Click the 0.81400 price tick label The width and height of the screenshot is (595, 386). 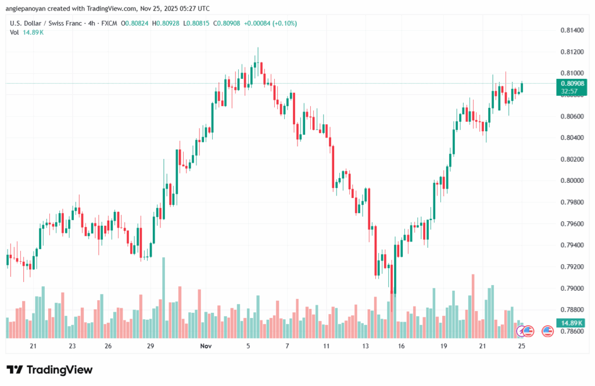[572, 30]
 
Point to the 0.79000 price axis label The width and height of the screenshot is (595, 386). [572, 288]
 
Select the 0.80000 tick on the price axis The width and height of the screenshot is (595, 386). [572, 181]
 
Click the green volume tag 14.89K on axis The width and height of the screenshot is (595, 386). [572, 323]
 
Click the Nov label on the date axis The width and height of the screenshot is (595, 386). [205, 346]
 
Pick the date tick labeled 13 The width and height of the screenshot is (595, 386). [365, 346]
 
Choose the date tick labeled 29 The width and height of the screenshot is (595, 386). [150, 346]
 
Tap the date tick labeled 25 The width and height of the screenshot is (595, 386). [521, 346]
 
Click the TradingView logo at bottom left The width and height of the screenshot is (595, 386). [49, 370]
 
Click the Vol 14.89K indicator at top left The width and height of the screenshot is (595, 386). [27, 33]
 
